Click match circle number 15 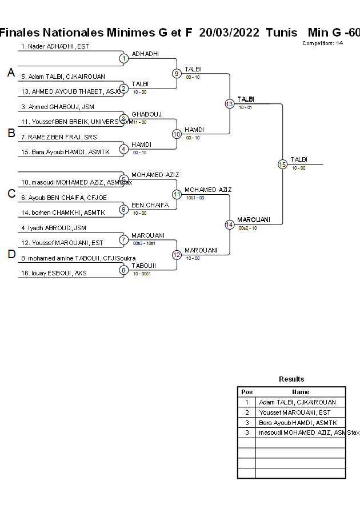[282, 164]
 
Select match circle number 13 [229, 103]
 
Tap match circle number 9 [177, 73]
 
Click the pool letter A [11, 73]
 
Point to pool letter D [11, 255]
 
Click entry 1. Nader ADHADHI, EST [55, 46]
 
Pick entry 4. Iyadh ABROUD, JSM [54, 228]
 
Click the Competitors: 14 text [322, 43]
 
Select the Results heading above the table [291, 379]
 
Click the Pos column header [247, 392]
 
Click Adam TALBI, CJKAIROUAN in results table [298, 402]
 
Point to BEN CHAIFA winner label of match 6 [150, 205]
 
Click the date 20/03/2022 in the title [229, 33]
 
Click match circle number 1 [123, 58]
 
